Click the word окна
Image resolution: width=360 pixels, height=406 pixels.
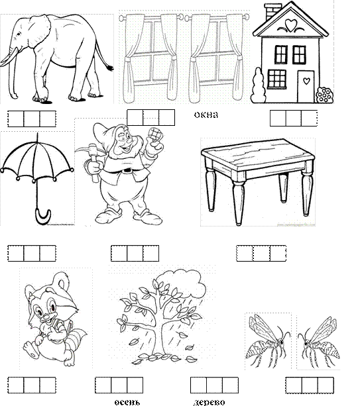[x=206, y=115]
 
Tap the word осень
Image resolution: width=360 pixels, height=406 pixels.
[x=127, y=402]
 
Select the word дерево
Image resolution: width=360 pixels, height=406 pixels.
[x=209, y=402]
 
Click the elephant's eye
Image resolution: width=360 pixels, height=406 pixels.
[x=19, y=34]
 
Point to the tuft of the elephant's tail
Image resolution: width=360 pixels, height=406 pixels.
[x=110, y=68]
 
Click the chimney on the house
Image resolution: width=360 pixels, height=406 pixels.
[x=272, y=12]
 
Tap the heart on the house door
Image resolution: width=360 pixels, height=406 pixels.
[x=306, y=81]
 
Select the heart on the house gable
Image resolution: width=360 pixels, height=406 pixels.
[x=290, y=25]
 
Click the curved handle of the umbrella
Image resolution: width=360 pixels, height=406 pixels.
[x=42, y=217]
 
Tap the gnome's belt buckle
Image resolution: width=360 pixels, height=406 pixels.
[x=127, y=170]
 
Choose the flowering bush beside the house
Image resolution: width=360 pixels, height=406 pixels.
[x=324, y=95]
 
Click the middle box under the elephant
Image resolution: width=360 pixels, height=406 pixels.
[x=32, y=119]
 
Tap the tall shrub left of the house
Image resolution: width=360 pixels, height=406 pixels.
[x=259, y=85]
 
